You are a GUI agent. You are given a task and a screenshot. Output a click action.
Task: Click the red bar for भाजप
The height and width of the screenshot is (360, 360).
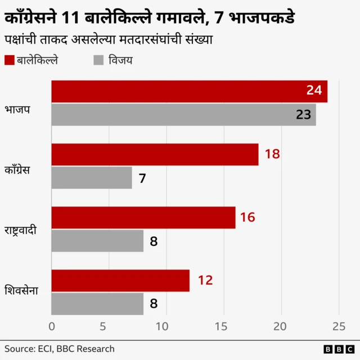coord(189,91)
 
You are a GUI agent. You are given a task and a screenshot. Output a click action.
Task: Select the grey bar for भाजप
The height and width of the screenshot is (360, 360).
coord(183,115)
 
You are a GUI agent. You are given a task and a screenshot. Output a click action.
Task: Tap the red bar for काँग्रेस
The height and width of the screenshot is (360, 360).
coord(155,154)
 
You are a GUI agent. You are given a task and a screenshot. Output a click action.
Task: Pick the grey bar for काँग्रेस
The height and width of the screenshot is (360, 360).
coord(92,178)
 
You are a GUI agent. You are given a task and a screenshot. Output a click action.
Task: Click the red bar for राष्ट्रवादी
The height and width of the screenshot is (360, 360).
coord(143,217)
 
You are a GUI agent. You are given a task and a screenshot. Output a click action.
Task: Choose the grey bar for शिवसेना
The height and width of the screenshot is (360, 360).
coord(97,304)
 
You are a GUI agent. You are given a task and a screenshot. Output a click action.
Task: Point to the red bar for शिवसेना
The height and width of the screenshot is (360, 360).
coord(120,280)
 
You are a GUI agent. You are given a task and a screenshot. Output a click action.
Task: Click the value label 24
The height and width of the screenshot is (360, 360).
coord(314,91)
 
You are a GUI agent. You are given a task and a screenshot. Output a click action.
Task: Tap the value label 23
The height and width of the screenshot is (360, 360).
coord(303,115)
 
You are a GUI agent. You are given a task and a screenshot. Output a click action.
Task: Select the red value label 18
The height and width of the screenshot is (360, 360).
coord(272,154)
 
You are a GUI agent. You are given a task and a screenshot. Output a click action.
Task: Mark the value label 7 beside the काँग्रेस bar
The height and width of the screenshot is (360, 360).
coord(142,178)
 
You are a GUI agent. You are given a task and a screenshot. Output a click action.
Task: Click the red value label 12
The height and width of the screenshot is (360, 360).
coord(205,280)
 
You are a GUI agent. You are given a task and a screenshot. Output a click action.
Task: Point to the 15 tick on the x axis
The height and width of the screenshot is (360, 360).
coord(224,326)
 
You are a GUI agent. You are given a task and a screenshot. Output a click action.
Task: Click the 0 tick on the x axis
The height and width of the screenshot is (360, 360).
coord(52,326)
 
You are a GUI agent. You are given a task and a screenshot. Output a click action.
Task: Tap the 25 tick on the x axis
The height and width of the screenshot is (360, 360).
coord(339,326)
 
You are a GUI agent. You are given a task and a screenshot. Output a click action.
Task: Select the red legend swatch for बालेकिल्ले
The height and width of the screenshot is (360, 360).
coord(9,61)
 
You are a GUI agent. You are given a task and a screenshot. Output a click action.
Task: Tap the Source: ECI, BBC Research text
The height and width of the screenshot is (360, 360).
coord(60,349)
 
